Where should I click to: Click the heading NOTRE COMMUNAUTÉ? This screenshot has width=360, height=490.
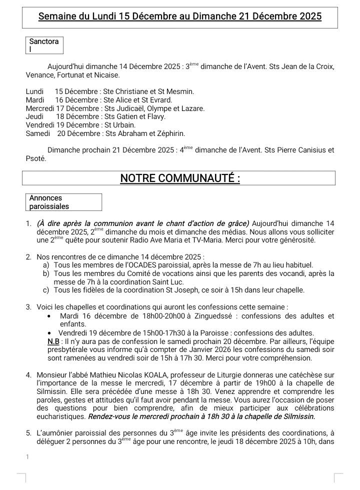(180, 178)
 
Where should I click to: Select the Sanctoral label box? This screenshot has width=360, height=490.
(44, 45)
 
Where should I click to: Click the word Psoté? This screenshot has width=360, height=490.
(35, 158)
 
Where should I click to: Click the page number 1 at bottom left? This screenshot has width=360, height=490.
(27, 456)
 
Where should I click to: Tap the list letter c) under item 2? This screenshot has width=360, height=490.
(46, 290)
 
